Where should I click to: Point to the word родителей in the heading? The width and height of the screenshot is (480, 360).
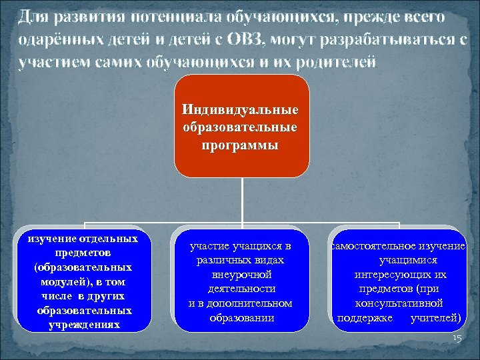click(x=337, y=61)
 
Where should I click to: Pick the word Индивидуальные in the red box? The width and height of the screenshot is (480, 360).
click(x=241, y=109)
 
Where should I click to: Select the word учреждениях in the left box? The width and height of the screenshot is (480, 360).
click(x=84, y=325)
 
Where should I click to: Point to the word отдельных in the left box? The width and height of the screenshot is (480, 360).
click(x=109, y=238)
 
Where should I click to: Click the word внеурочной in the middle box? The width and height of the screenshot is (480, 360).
click(x=241, y=275)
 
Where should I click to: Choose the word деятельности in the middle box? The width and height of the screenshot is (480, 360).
click(x=241, y=289)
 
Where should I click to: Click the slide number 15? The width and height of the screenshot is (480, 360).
click(x=456, y=339)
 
